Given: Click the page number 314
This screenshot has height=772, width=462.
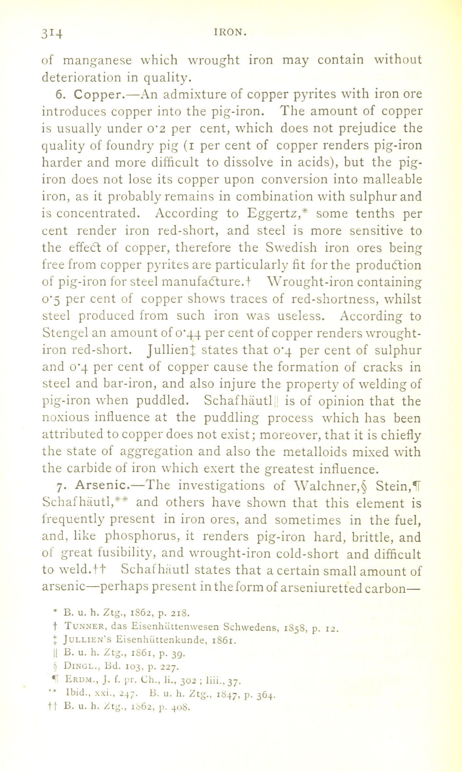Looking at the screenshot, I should coord(51,33).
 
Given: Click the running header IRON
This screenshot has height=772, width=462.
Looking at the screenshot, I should coord(229,32).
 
